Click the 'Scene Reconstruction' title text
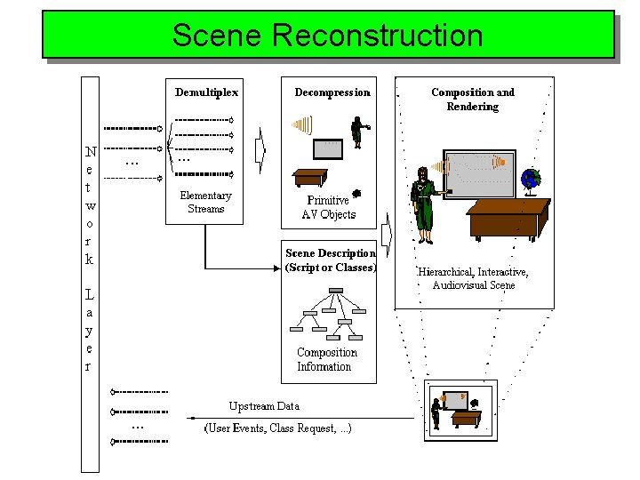pos(328,35)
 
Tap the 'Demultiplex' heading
pos(206,92)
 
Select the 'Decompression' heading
pos(332,92)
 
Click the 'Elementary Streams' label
pos(205,202)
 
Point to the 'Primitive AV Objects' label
pos(329,207)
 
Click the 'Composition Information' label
pos(327,359)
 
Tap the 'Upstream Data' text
pos(264,406)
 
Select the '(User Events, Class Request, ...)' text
pos(277,428)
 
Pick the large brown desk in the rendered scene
pos(508,220)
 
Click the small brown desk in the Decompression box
pos(310,178)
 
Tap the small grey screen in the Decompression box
pos(328,149)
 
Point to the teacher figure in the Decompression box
pos(359,132)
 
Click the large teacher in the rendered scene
pos(426,205)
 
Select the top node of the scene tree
pos(335,291)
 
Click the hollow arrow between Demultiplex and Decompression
pos(260,150)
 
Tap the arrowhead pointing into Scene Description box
pos(276,268)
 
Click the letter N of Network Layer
pos(91,152)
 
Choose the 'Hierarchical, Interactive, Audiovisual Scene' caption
pos(473,278)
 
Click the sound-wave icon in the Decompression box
pos(302,124)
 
